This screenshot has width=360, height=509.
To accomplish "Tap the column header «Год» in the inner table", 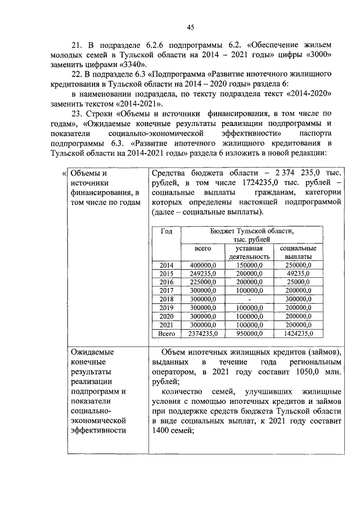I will pos(166,231).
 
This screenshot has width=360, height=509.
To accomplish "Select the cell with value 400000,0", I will pos(202,265).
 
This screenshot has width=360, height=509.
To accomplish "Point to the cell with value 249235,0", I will pos(202,273).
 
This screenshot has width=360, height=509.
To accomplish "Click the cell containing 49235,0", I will pos(298,273).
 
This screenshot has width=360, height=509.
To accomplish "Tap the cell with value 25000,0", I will pos(298,282).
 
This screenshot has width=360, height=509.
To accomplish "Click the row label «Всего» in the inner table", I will pos(166,334).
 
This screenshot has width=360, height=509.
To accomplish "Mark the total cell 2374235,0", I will pos(202,334).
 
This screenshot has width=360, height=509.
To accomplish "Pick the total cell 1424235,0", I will pos(298,334).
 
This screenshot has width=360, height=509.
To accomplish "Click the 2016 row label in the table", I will pos(166,282).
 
